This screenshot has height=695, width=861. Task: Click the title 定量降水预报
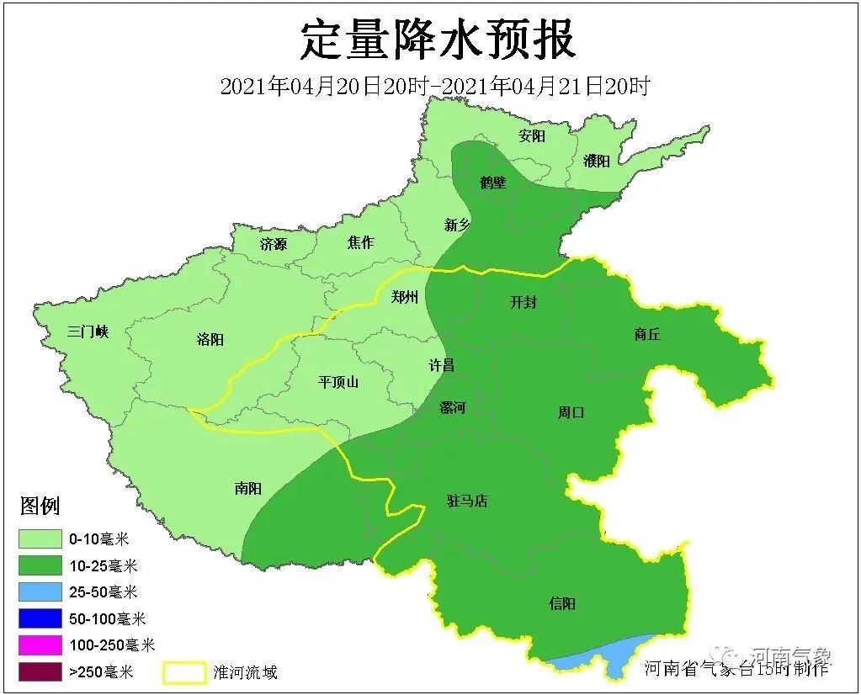[x=438, y=40]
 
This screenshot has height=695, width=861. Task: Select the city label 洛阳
[x=210, y=339]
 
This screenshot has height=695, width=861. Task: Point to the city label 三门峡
[x=88, y=332]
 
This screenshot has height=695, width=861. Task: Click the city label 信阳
[x=562, y=603]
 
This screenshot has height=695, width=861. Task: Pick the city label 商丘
[x=647, y=334]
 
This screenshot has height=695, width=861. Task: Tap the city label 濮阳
[x=596, y=161]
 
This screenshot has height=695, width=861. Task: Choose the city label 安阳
[x=532, y=135]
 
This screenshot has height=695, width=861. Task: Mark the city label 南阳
[x=248, y=488]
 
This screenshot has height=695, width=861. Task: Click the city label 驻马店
[x=467, y=501]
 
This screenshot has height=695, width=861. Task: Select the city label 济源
[x=273, y=244]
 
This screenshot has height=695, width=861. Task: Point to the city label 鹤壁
[x=493, y=182]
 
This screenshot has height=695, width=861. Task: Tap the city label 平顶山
[x=338, y=381]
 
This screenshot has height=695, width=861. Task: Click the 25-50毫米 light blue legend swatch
[x=40, y=592]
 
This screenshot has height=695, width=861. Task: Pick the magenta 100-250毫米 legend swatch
[x=40, y=645]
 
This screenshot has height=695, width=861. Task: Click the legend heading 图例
[x=40, y=507]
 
